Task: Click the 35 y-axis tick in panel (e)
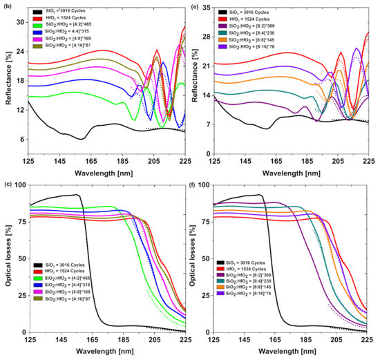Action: [205, 6]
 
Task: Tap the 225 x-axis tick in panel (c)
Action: [186, 341]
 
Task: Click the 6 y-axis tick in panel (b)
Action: [22, 139]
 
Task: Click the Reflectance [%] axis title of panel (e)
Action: [193, 80]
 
